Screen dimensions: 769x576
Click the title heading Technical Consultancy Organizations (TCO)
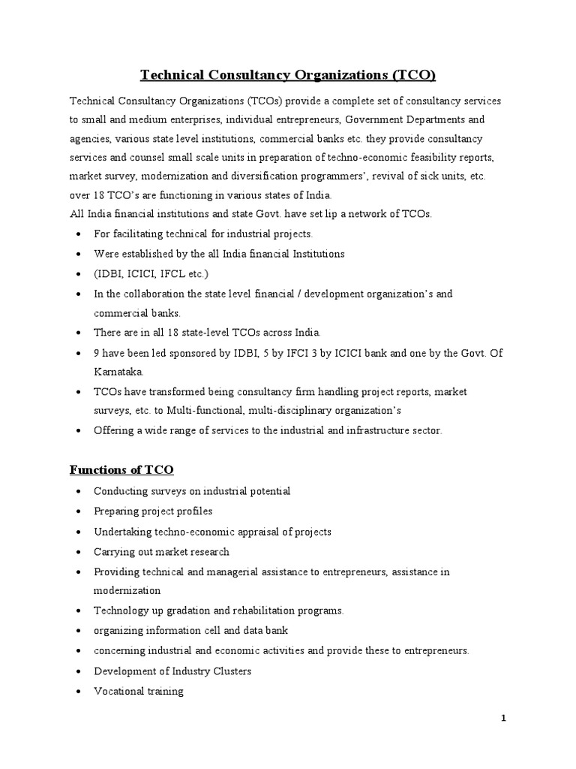point(288,75)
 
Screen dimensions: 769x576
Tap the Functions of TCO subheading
point(121,470)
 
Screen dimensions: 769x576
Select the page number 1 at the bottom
point(504,719)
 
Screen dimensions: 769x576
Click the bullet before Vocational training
point(79,692)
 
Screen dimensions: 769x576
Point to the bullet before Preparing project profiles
point(79,511)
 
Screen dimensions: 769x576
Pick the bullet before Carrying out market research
point(79,552)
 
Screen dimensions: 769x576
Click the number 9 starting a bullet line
point(97,352)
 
